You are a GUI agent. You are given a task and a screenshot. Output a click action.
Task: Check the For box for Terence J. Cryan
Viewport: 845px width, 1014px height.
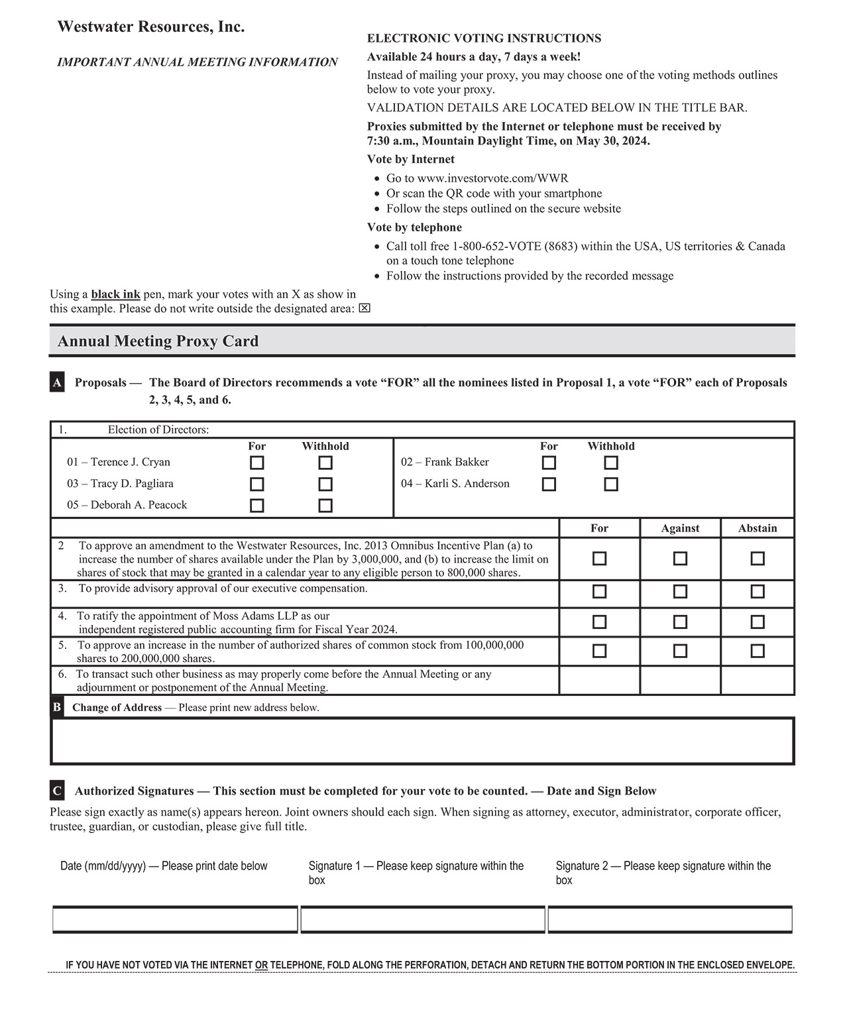[x=257, y=463]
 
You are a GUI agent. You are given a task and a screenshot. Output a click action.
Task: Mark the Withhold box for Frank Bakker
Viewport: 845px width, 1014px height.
[x=611, y=463]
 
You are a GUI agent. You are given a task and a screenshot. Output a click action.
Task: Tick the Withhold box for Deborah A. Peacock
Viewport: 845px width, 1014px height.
[x=325, y=506]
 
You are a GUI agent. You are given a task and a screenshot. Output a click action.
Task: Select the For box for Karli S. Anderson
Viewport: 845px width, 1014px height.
[x=549, y=484]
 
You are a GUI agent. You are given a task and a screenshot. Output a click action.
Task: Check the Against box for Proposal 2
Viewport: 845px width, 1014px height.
[x=680, y=559]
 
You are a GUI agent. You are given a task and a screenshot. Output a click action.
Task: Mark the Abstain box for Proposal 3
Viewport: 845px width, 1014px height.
[x=758, y=591]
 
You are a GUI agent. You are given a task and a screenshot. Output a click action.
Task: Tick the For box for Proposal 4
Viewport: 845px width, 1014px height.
[x=599, y=622]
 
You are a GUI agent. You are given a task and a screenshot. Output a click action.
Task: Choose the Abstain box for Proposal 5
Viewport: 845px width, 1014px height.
[x=758, y=651]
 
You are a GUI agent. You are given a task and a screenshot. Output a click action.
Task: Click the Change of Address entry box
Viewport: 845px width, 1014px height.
[x=422, y=741]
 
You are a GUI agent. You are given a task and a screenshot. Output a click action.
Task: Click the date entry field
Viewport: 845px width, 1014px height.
[x=175, y=920]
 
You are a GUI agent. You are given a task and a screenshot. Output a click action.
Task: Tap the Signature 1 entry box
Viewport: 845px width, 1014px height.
[x=423, y=920]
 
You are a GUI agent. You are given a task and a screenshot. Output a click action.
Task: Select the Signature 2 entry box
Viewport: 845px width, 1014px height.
[x=670, y=920]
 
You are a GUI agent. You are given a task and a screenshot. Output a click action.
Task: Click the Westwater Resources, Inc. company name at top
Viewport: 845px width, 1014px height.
[x=151, y=27]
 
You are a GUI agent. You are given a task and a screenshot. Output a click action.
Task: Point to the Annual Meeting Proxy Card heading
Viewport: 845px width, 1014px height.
[x=158, y=341]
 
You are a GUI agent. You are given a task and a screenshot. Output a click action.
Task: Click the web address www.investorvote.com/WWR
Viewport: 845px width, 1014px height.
[x=492, y=178]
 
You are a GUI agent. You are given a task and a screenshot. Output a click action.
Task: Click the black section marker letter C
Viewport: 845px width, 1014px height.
[x=57, y=791]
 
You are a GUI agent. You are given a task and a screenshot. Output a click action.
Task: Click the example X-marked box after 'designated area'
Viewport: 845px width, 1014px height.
[x=365, y=309]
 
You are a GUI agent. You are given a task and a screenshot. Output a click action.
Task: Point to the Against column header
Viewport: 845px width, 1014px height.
[x=680, y=528]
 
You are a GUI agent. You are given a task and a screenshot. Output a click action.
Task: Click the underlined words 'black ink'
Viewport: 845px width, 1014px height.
[x=115, y=294]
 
